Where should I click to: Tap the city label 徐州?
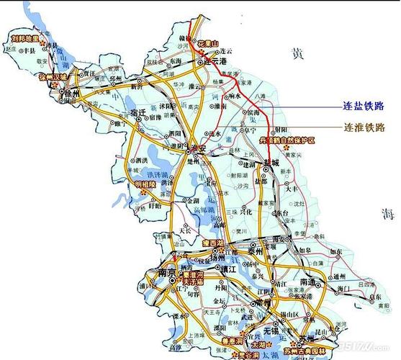pos(73,94)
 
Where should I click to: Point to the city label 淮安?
pos(198,148)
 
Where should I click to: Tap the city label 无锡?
pos(272,330)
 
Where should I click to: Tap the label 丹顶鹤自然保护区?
pos(288,140)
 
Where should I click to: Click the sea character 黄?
pos(296,53)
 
